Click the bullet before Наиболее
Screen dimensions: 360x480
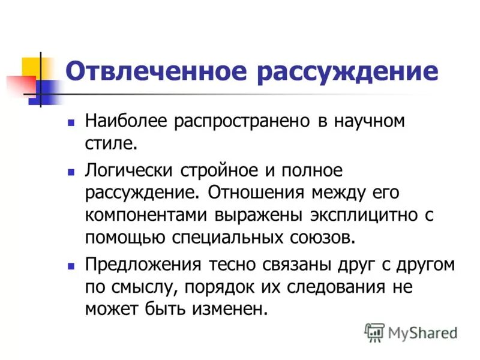tap(71, 121)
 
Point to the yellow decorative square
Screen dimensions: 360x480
tap(31, 66)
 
